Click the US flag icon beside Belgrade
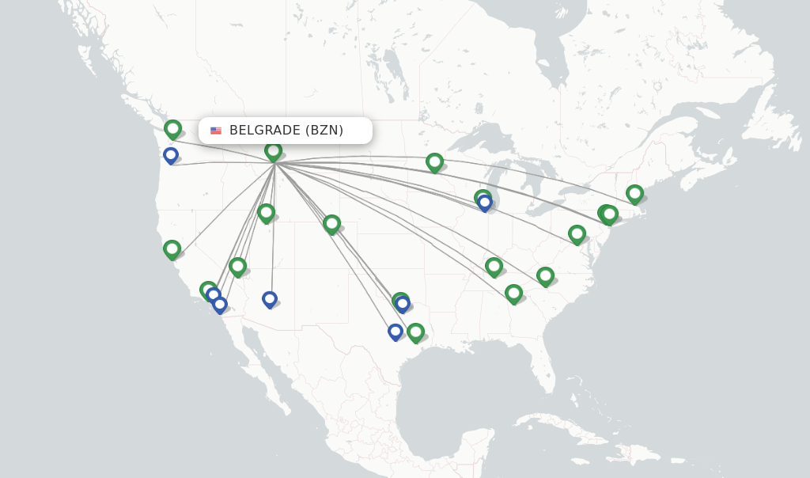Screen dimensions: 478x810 pyautogui.click(x=216, y=131)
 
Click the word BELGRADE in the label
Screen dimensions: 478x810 pyautogui.click(x=265, y=131)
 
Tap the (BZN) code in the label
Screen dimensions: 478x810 pyautogui.click(x=324, y=131)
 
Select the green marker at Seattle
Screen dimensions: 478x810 pyautogui.click(x=172, y=128)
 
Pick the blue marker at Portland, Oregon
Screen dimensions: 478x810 pyautogui.click(x=171, y=154)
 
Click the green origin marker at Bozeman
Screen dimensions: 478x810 pyautogui.click(x=273, y=150)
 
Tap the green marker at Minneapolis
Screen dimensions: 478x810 pyautogui.click(x=434, y=162)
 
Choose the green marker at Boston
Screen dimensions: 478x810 pyautogui.click(x=634, y=193)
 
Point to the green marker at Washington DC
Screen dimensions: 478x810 pyautogui.click(x=577, y=233)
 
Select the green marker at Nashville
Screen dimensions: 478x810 pyautogui.click(x=494, y=266)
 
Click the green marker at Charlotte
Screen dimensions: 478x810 pyautogui.click(x=545, y=275)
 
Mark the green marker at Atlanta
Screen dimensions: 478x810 pyautogui.click(x=513, y=294)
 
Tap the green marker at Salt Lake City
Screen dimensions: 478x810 pyautogui.click(x=266, y=212)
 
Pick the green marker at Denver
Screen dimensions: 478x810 pyautogui.click(x=331, y=224)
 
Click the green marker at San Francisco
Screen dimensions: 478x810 pyautogui.click(x=172, y=248)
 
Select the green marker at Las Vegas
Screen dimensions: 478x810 pyautogui.click(x=237, y=266)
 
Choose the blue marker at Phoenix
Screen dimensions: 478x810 pyautogui.click(x=270, y=298)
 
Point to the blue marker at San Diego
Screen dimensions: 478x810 pyautogui.click(x=220, y=303)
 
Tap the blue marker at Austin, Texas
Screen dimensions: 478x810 pyautogui.click(x=396, y=331)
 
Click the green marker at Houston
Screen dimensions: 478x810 pyautogui.click(x=415, y=332)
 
